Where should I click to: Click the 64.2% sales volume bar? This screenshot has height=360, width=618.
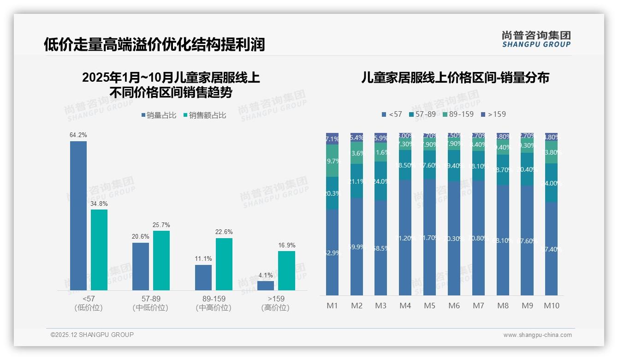click(78, 216)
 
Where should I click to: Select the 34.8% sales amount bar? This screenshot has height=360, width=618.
click(99, 250)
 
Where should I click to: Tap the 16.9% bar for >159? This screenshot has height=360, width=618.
click(286, 270)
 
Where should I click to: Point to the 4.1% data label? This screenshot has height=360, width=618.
click(266, 276)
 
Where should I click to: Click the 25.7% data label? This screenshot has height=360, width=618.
click(161, 225)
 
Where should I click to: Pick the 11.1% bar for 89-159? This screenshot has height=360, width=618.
click(203, 277)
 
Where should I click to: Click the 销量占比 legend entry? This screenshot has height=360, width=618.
click(159, 115)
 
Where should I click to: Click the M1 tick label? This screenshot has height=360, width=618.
click(333, 306)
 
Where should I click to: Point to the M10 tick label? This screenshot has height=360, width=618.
click(552, 306)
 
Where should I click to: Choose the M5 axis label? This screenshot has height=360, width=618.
click(429, 306)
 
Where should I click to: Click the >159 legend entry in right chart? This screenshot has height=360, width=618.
click(493, 114)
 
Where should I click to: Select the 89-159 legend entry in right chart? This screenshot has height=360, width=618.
click(458, 114)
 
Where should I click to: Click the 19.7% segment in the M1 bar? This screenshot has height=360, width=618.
click(333, 161)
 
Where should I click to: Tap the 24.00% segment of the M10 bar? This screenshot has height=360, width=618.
click(552, 183)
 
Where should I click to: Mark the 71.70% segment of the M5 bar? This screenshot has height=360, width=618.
click(429, 237)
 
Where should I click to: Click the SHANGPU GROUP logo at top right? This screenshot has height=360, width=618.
click(536, 39)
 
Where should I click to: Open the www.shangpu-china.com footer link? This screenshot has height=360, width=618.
click(537, 335)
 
